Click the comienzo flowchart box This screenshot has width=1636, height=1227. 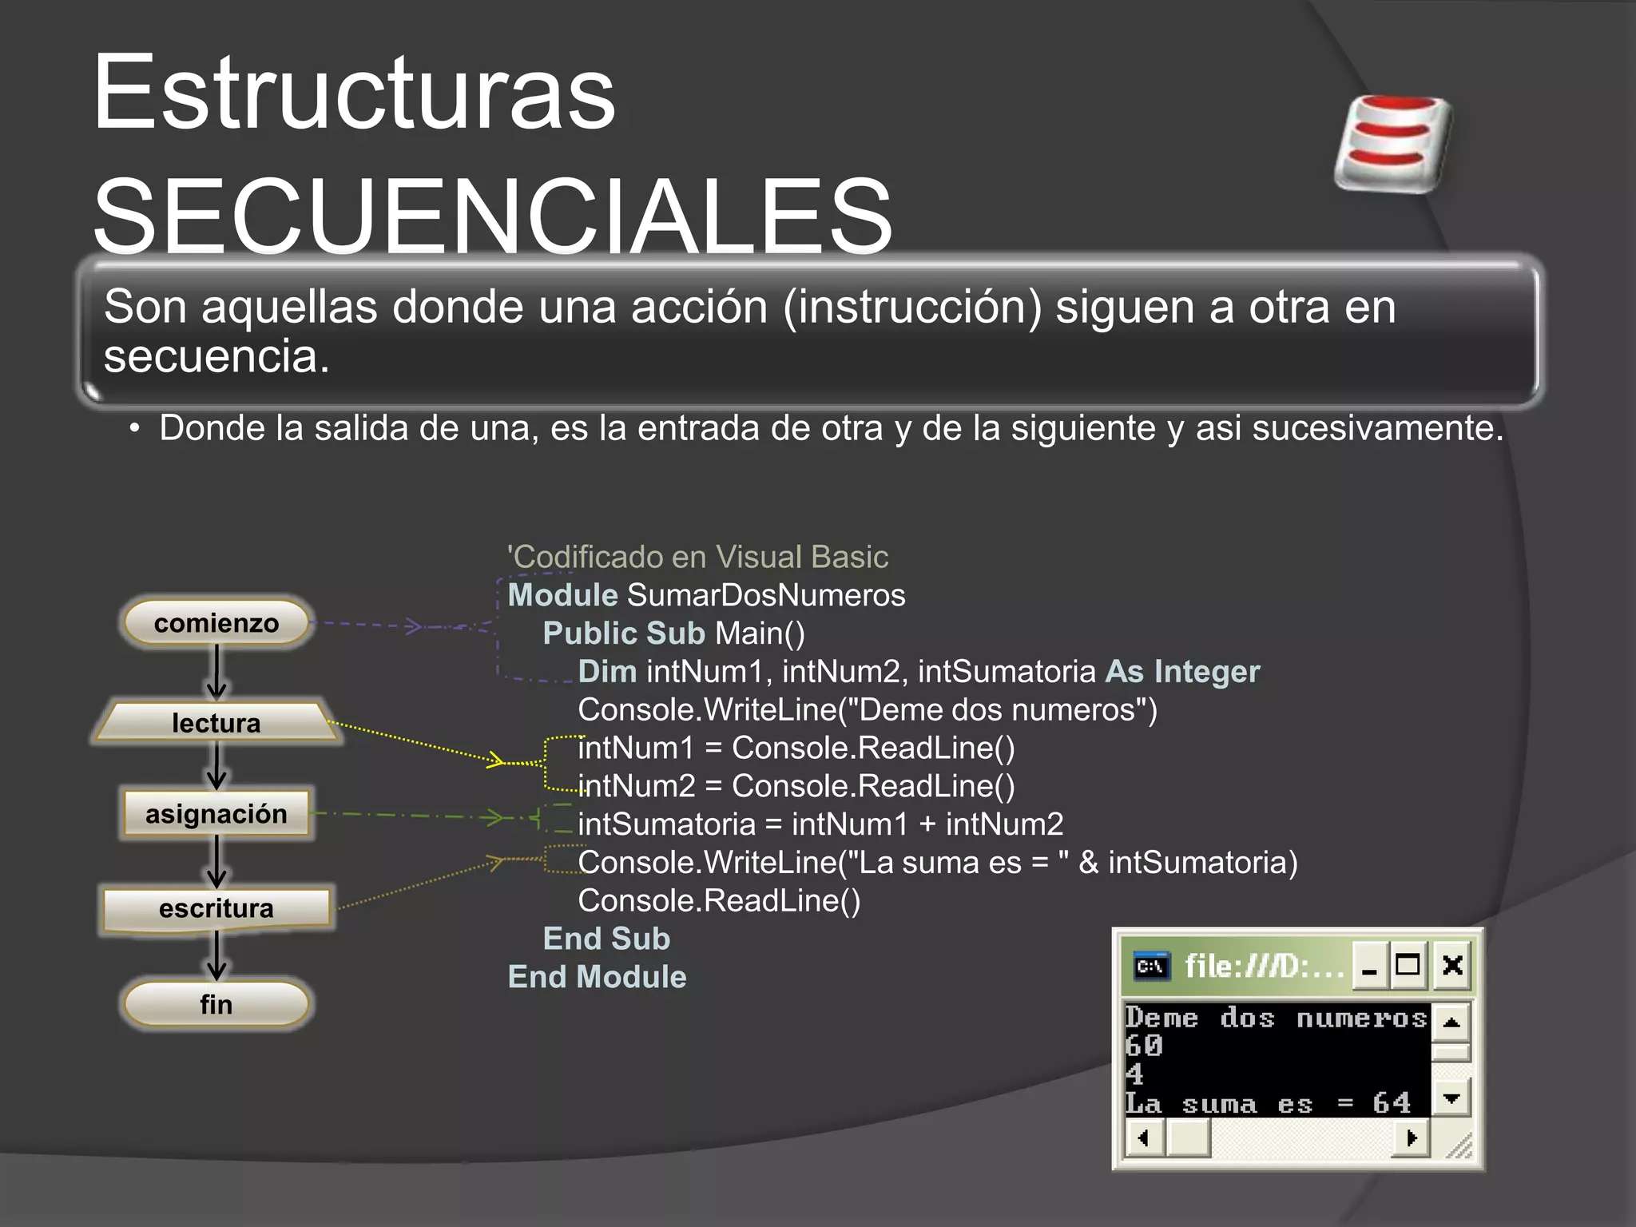216,623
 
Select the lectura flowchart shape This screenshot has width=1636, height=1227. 216,722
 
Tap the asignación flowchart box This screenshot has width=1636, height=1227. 216,814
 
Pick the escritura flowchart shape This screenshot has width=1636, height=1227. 216,909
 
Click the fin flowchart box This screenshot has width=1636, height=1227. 216,1004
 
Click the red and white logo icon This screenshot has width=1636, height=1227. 1394,144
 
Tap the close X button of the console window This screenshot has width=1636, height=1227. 1452,966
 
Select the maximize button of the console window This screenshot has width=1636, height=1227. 1408,966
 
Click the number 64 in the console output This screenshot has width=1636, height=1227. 1392,1103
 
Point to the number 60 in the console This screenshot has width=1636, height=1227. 1144,1046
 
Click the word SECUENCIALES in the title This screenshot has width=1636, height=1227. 492,216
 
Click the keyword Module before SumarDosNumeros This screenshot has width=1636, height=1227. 562,595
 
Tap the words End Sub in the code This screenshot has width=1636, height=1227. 606,939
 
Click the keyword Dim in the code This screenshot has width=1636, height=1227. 607,672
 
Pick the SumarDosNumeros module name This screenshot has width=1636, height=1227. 766,595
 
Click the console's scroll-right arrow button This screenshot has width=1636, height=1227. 1411,1138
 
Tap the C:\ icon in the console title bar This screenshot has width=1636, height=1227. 1151,967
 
